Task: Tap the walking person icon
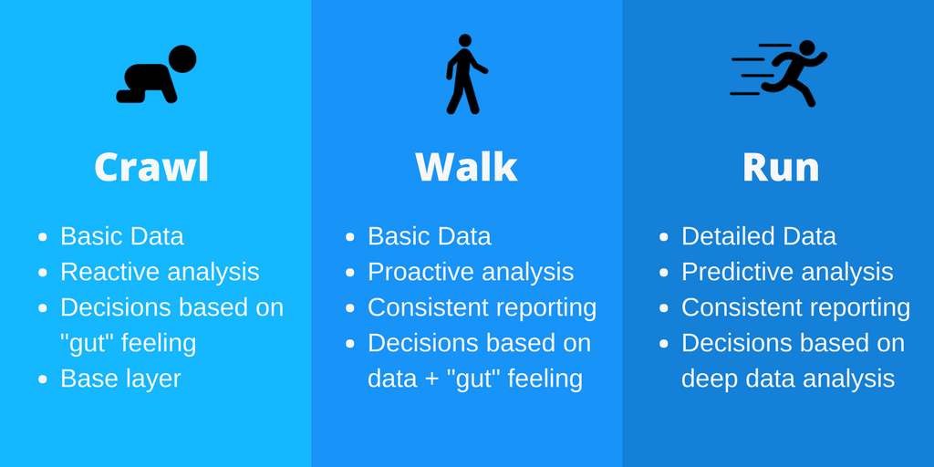(x=465, y=75)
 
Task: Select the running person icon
(x=781, y=73)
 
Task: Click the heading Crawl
(x=151, y=167)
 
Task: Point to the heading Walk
(x=466, y=167)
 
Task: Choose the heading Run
(x=781, y=167)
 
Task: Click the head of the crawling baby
(x=182, y=58)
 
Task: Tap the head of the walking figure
(x=465, y=40)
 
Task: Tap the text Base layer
(x=120, y=379)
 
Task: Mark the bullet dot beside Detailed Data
(x=664, y=237)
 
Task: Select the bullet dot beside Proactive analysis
(x=350, y=273)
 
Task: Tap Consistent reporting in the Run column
(x=795, y=307)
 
